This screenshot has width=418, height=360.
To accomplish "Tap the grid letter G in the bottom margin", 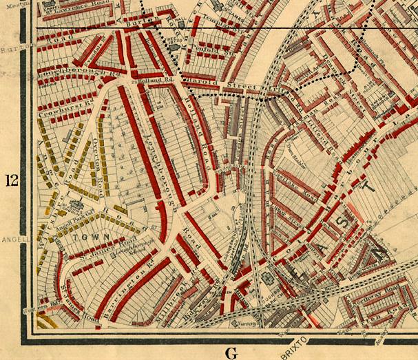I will click(x=231, y=353).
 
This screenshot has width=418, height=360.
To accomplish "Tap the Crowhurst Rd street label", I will click(x=58, y=110).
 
